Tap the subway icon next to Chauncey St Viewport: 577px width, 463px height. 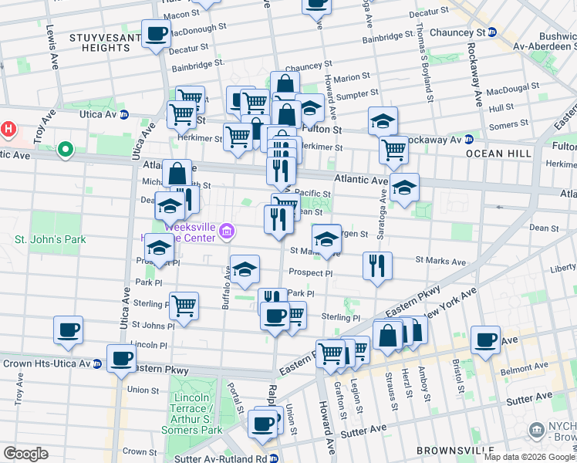[x=491, y=33]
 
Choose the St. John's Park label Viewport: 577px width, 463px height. [x=50, y=239]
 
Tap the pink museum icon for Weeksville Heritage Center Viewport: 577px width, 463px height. [x=227, y=230]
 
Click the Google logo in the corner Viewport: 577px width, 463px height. [x=25, y=453]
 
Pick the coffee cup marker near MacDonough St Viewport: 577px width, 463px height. [x=157, y=35]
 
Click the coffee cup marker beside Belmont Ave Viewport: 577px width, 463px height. [x=486, y=340]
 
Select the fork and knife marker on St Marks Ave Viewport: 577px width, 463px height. [x=376, y=266]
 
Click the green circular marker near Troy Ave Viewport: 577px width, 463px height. [x=66, y=149]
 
